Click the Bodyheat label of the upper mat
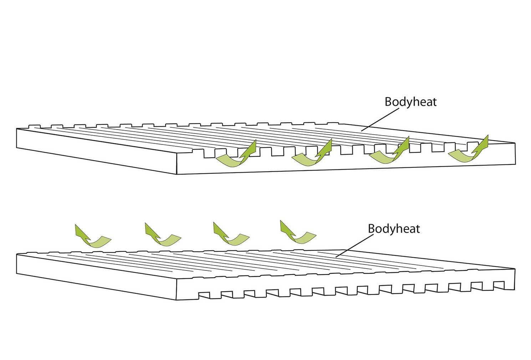[410, 102]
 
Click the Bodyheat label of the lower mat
[394, 228]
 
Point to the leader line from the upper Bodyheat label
[379, 120]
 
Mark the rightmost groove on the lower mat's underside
[499, 285]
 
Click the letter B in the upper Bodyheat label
[388, 102]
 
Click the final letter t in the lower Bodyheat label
[418, 228]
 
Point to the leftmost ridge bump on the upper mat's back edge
[33, 126]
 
